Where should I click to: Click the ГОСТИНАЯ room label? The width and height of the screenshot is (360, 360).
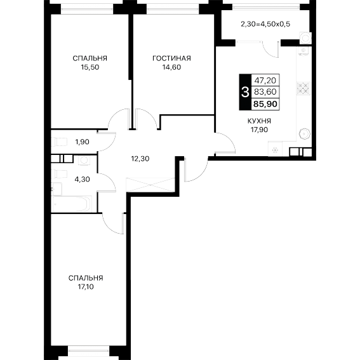coord(171,58)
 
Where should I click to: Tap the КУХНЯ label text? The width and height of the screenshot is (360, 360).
coord(259,121)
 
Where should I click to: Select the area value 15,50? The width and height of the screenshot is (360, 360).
coord(90,67)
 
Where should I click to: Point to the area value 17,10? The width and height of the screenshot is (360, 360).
coord(86,287)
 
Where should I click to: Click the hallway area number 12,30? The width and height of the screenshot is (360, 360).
coord(140,159)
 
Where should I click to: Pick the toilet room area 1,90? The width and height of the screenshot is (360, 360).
coord(82,142)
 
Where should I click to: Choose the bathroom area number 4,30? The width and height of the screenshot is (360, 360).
coord(82,179)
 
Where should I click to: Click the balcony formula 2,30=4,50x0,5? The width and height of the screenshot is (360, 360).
coord(265,24)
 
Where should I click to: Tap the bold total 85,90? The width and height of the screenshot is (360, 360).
coord(265,104)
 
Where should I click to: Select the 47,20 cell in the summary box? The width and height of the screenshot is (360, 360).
coord(265,81)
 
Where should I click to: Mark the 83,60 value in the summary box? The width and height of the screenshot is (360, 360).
coord(265,92)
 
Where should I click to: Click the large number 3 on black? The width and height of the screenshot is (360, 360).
coord(245,92)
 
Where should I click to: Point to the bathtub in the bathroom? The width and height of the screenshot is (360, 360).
coord(71,204)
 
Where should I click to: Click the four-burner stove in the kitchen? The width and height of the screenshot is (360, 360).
coord(303,88)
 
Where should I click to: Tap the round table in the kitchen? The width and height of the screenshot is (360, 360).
coord(305,133)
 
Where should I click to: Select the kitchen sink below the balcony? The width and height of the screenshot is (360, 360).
coord(303,51)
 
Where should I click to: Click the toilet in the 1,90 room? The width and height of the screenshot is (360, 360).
coord(60,142)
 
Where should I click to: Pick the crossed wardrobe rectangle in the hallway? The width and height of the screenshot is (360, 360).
coord(150,185)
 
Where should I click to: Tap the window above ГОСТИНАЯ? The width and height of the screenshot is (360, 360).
coord(173,10)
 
